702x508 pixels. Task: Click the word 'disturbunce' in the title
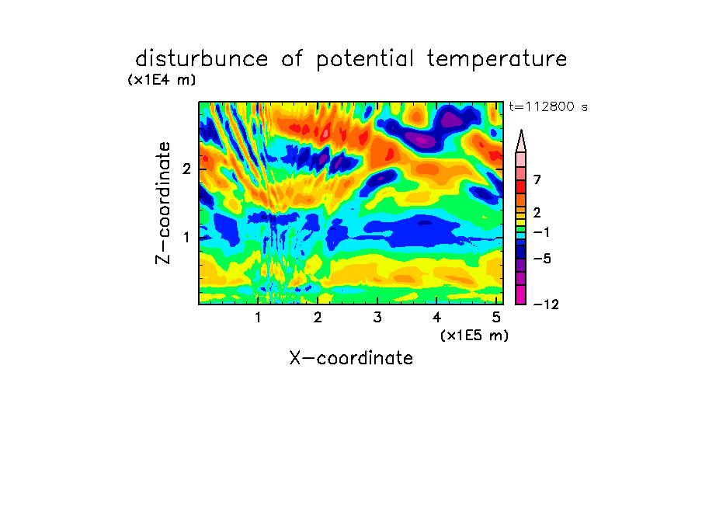[201, 59]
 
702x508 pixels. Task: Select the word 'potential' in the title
[365, 60]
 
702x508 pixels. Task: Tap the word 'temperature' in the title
[497, 60]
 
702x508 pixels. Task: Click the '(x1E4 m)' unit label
[162, 80]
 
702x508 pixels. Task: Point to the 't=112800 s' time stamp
[548, 106]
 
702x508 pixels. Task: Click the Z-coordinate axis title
[162, 203]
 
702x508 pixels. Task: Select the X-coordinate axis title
[351, 358]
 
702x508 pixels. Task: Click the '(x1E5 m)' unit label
[474, 335]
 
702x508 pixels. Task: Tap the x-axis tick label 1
[259, 317]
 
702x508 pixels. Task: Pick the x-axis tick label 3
[377, 317]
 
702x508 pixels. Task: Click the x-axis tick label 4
[436, 317]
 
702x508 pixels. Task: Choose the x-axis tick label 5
[496, 317]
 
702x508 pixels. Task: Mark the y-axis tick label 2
[186, 169]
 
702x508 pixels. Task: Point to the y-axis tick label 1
[186, 237]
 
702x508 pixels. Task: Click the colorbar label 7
[537, 179]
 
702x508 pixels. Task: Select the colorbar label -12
[546, 304]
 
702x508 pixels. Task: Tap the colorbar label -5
[542, 259]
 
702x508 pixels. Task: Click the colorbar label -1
[541, 232]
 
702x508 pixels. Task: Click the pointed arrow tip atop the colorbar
[521, 130]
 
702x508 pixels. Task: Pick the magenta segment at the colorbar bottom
[521, 294]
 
